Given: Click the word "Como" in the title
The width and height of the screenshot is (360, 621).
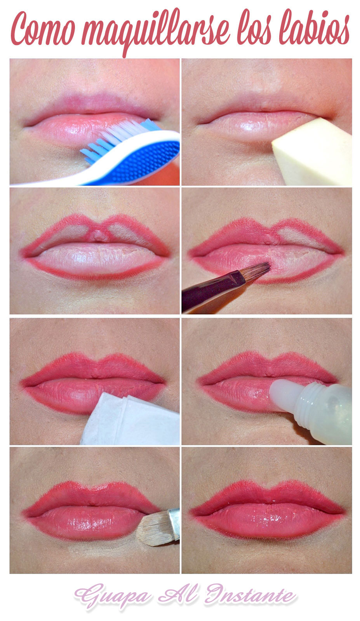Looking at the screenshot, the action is [x=43, y=29].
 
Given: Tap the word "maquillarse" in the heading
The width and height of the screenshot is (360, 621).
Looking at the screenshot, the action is [x=155, y=32].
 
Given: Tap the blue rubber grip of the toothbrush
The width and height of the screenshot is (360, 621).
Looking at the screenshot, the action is [x=144, y=161].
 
